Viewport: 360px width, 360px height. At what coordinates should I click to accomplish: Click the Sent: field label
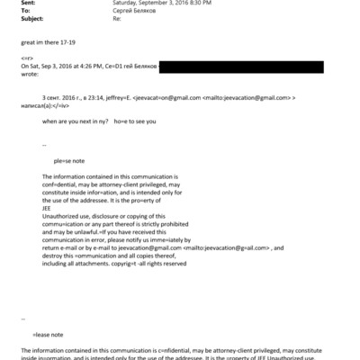pyautogui.click(x=10, y=3)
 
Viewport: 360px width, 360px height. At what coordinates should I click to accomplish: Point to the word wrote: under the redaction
pyautogui.click(x=29, y=76)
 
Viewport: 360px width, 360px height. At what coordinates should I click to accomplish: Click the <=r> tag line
pyautogui.click(x=27, y=58)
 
